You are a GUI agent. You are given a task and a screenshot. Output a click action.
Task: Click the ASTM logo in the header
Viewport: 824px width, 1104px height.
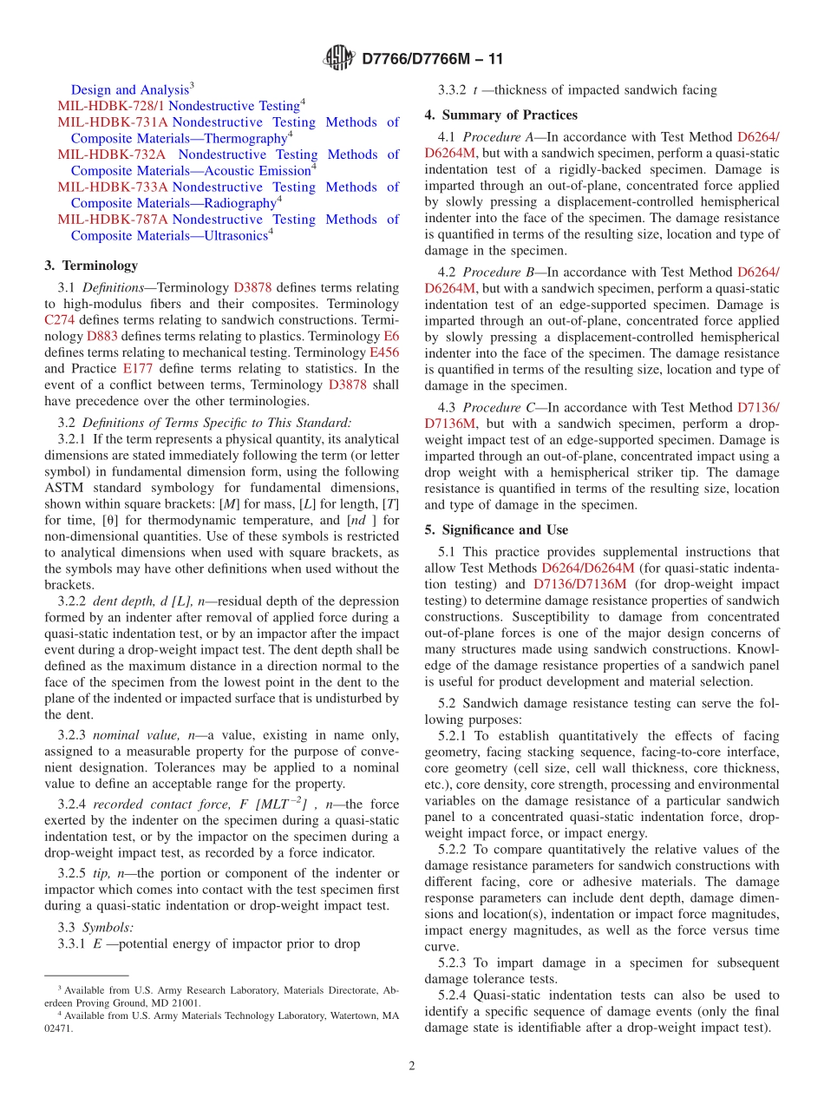coord(337,59)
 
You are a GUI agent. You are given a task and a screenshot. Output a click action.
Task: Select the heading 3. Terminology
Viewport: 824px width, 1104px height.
coord(91,266)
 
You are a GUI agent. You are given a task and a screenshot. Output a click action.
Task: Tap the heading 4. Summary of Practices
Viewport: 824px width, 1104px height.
coord(500,115)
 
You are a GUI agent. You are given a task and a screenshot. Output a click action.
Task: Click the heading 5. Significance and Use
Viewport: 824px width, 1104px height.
coord(496,529)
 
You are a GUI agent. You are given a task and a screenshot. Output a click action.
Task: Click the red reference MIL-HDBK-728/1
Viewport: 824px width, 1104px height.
coord(111,106)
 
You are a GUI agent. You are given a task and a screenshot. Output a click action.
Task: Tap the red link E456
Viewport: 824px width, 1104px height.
coord(383,352)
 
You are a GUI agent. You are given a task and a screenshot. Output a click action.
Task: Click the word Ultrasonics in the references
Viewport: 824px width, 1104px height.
coord(227,235)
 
